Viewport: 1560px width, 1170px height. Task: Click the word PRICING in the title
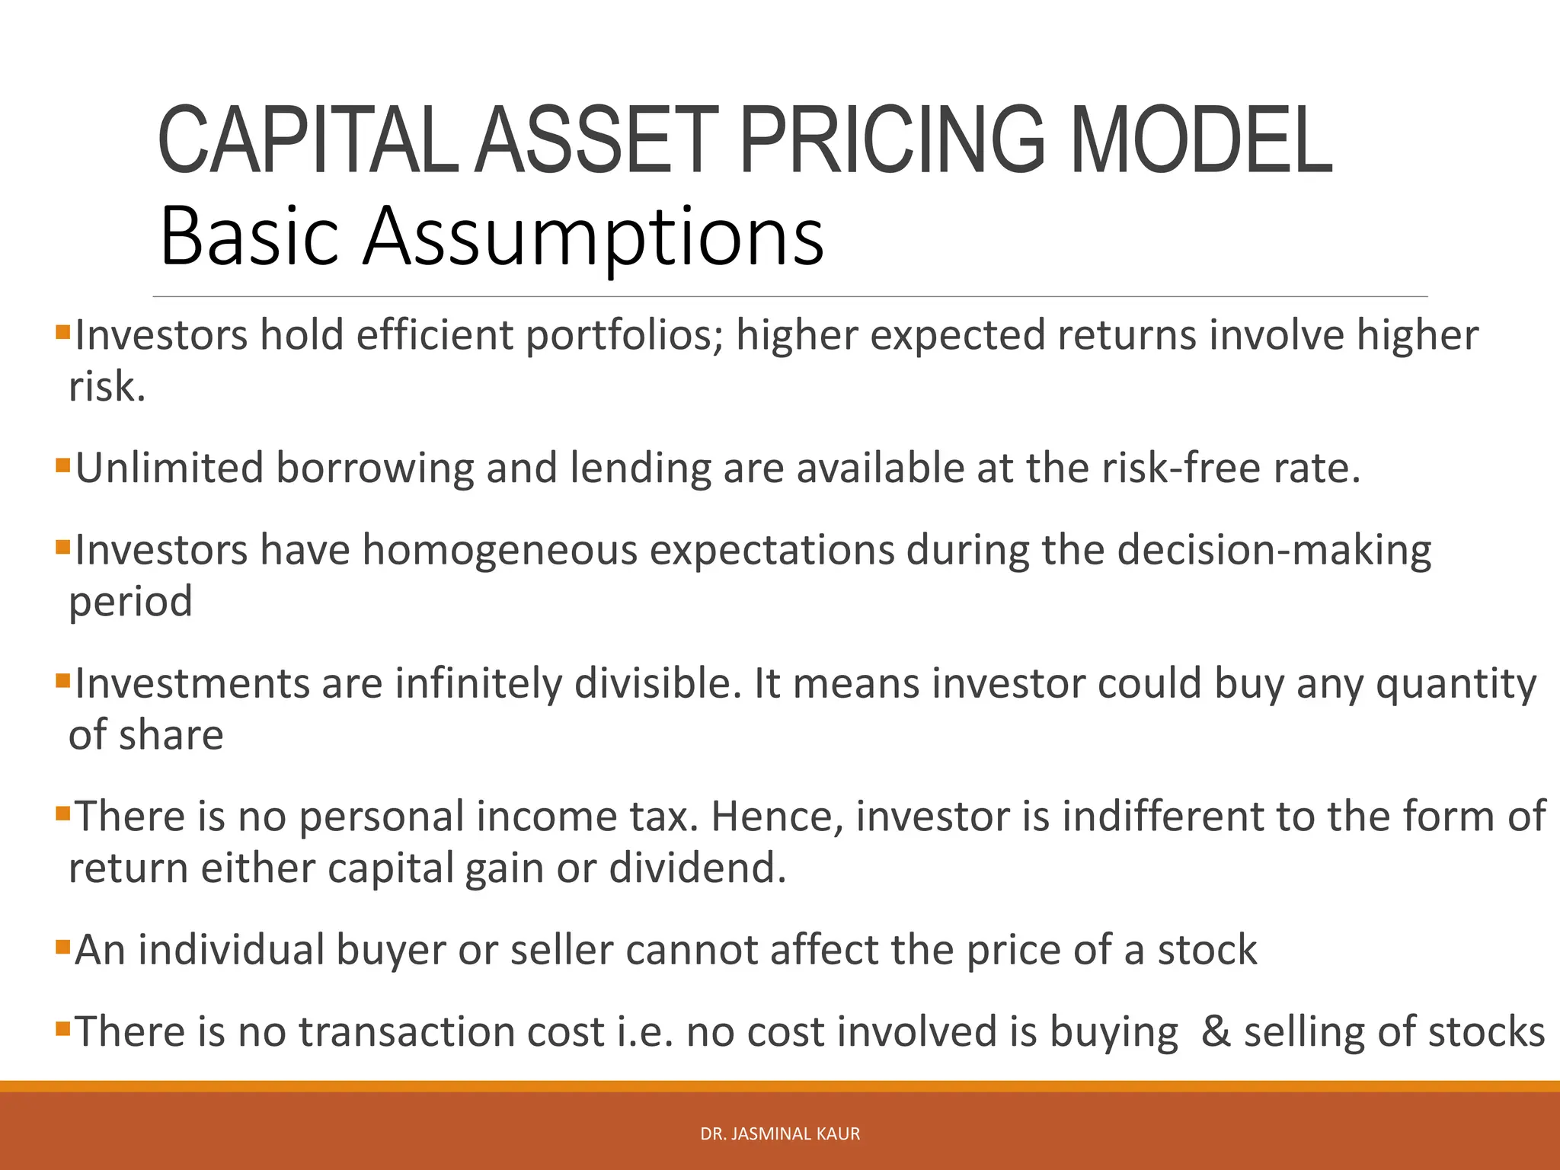click(x=891, y=141)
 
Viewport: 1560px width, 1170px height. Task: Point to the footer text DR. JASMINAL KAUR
click(x=780, y=1133)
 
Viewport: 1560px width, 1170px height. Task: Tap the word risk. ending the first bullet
click(x=107, y=387)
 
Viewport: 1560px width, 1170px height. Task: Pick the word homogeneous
click(x=499, y=550)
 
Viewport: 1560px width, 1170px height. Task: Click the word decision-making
click(x=1274, y=551)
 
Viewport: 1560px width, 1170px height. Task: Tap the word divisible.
click(x=658, y=683)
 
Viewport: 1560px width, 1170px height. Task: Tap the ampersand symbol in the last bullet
click(x=1216, y=1032)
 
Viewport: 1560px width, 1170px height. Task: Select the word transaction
click(x=451, y=1032)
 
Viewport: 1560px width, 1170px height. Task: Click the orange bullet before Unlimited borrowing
click(x=62, y=464)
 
